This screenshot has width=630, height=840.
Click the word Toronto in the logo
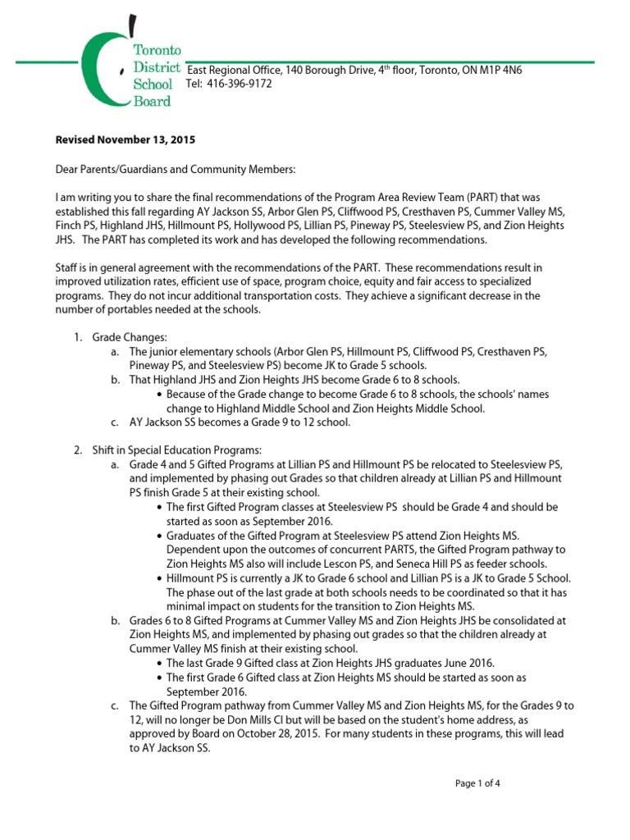158,51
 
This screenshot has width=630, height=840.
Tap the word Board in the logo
153,101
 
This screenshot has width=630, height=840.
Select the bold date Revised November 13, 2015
126,140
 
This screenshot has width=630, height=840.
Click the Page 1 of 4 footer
477,783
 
